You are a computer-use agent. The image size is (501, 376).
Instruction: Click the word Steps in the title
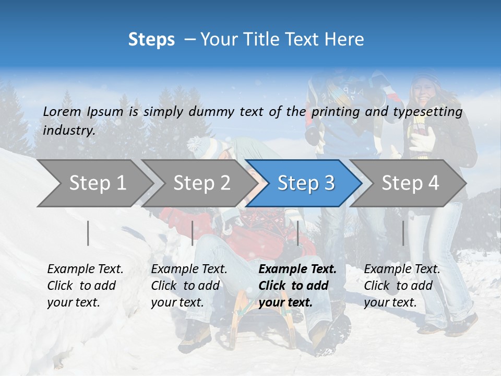[x=151, y=40]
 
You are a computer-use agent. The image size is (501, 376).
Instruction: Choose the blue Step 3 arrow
[x=306, y=183]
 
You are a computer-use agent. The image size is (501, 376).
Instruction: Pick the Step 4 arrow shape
[x=410, y=183]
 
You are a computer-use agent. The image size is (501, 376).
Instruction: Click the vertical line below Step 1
[x=88, y=233]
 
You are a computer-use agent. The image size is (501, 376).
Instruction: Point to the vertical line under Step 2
[x=193, y=233]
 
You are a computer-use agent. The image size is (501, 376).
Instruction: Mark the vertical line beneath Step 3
[x=297, y=233]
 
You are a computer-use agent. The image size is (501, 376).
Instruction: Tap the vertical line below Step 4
[x=403, y=233]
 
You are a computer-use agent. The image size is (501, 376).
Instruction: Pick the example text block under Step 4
[x=402, y=286]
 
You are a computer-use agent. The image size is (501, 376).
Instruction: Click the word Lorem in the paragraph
[x=62, y=111]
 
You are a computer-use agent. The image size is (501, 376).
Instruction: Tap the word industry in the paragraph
[x=68, y=131]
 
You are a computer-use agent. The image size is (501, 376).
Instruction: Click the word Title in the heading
[x=256, y=40]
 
